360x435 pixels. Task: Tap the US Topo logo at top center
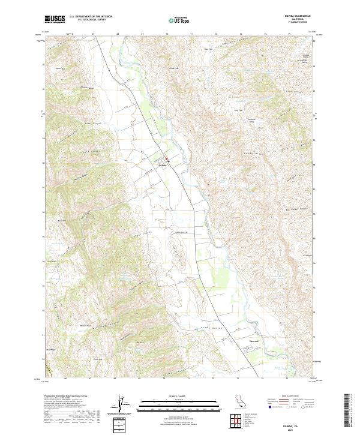(x=179, y=20)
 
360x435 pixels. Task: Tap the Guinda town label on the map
(x=163, y=163)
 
